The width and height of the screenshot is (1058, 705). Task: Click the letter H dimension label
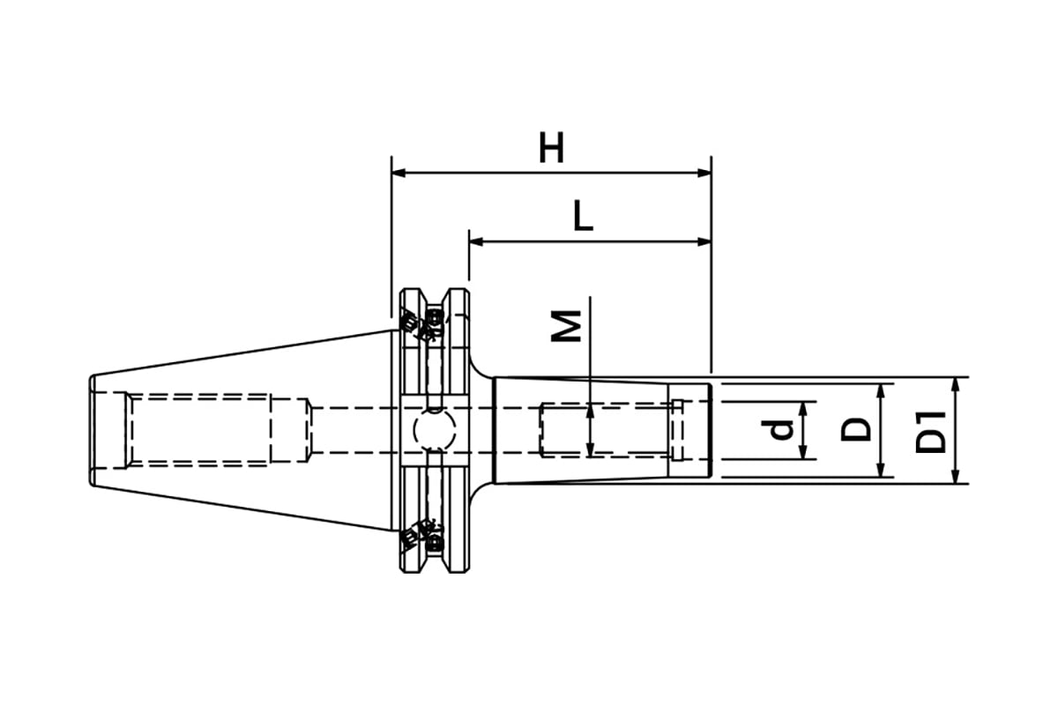[552, 147]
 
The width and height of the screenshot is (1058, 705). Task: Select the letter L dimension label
[583, 215]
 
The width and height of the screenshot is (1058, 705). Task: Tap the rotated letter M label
[566, 326]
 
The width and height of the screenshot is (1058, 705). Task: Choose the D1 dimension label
[930, 432]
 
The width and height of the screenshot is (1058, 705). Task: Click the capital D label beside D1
[856, 430]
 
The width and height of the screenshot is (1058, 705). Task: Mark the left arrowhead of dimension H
[399, 173]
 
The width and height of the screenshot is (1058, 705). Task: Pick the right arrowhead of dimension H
[704, 173]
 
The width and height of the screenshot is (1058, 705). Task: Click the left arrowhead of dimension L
[476, 242]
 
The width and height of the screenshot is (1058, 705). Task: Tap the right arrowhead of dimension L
[704, 242]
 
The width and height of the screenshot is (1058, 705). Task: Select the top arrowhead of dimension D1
[955, 384]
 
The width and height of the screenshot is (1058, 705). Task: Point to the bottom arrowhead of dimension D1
[955, 477]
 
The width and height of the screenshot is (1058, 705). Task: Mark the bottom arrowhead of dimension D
[881, 470]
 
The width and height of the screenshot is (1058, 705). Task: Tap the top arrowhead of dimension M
[590, 412]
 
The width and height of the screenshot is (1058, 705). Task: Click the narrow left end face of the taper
[92, 430]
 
